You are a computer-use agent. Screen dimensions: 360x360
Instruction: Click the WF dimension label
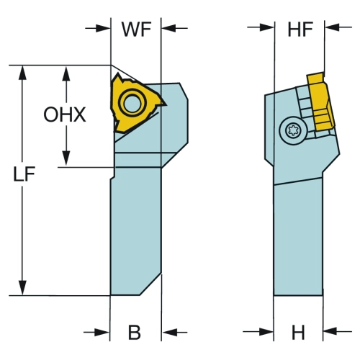coord(136,30)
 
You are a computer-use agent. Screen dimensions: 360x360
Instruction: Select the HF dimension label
coord(300,30)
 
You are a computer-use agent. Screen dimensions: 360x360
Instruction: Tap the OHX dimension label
coord(65,114)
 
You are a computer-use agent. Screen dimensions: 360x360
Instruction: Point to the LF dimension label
coord(24,174)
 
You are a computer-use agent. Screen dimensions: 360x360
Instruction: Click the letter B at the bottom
coord(135,333)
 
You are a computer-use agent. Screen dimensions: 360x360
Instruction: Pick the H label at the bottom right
coord(298,333)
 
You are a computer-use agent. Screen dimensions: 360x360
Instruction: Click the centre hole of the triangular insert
coord(132,103)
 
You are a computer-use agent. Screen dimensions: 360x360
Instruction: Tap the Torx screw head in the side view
coord(293,130)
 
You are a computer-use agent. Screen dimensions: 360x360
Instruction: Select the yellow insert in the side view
coord(320,102)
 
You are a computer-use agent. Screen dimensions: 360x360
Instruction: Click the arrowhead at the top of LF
coord(22,72)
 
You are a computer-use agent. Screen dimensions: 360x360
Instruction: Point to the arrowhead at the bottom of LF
coord(22,288)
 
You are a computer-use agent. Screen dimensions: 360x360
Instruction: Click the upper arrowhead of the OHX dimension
coord(66,73)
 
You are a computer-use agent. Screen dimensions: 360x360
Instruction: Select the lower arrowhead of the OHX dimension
coord(66,158)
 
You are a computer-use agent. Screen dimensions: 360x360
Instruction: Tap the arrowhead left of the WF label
coord(103,28)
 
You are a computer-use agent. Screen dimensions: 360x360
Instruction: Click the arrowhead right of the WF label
coord(168,28)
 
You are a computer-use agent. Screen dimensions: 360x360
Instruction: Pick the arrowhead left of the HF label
coord(267,27)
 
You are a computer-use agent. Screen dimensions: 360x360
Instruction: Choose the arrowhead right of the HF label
coord(332,27)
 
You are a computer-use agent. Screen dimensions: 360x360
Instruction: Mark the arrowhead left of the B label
coord(102,333)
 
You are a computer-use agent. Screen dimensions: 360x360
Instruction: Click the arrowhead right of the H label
coord(330,331)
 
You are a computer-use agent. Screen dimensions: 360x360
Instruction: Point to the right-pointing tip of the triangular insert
coord(166,104)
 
